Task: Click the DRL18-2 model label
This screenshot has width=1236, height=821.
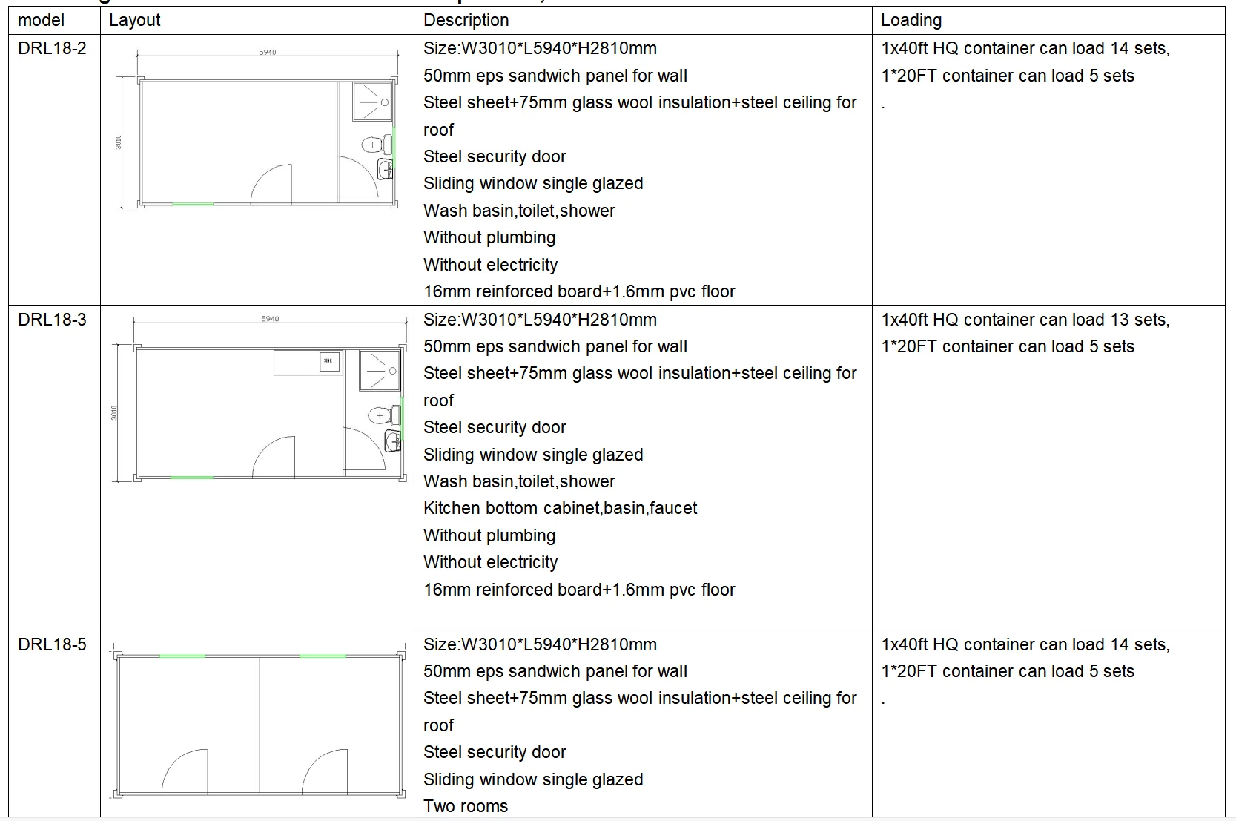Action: point(52,49)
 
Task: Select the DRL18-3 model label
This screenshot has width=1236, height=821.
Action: point(52,320)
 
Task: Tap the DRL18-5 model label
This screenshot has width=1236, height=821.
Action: point(52,644)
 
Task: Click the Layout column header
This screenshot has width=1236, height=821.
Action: point(134,20)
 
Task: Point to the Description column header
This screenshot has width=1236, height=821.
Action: point(466,20)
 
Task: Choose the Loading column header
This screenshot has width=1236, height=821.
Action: point(911,20)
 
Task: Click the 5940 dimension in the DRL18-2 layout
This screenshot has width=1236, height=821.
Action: point(268,52)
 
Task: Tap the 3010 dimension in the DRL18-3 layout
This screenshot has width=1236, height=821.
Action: point(114,412)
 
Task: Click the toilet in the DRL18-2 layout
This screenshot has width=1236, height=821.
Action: point(377,144)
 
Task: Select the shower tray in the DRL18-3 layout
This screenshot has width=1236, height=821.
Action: point(380,371)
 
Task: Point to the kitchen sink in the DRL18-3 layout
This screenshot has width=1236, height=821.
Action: point(328,361)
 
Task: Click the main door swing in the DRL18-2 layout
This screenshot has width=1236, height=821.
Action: point(271,184)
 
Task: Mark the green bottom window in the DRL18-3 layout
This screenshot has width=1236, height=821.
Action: point(191,478)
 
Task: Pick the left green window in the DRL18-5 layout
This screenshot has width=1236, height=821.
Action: point(182,656)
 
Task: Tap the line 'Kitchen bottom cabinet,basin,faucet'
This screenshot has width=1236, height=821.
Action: point(560,508)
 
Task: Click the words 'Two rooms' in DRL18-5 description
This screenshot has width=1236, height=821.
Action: point(466,806)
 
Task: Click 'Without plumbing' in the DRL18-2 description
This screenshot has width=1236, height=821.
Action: point(489,237)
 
